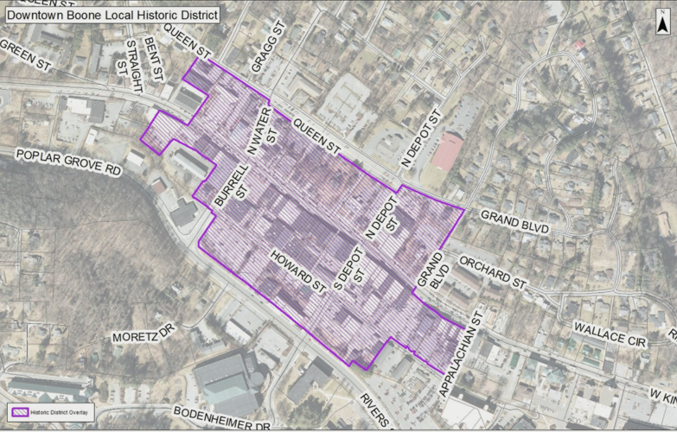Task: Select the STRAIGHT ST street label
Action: click(x=133, y=63)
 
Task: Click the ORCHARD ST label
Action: click(x=492, y=272)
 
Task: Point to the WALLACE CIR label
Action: click(x=610, y=335)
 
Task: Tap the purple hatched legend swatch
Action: click(x=19, y=411)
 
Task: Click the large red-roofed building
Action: click(x=448, y=151)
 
